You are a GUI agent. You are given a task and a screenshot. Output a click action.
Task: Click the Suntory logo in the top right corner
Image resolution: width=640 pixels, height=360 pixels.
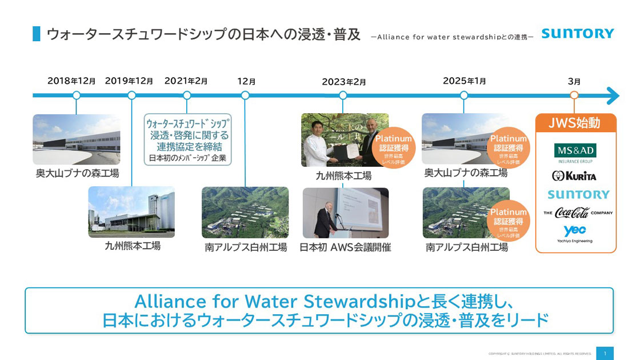point(577,34)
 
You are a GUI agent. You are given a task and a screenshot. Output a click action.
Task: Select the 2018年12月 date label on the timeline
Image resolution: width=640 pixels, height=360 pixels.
point(71,81)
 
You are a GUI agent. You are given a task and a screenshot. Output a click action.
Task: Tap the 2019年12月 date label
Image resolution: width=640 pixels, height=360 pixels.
point(129,81)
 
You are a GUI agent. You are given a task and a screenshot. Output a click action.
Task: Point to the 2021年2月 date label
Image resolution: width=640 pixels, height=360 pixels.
point(186,81)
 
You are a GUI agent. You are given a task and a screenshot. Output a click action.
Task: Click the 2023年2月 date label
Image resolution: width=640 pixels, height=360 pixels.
point(343,82)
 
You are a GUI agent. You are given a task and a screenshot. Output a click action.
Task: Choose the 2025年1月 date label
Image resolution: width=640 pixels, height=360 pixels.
point(464,81)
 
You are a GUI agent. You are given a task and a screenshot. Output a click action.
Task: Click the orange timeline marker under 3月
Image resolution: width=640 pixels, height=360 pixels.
point(574,95)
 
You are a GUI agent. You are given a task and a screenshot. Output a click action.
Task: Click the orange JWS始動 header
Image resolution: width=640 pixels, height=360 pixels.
point(575,123)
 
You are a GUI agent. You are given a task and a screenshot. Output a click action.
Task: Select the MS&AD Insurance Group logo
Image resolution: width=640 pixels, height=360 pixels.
point(575,153)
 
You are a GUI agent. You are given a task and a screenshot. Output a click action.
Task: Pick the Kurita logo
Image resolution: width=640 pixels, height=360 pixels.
point(575,175)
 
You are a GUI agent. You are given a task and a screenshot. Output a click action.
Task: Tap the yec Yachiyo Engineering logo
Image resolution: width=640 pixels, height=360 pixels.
point(575,233)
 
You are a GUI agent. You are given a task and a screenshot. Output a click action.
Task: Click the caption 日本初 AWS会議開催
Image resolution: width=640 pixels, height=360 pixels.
point(345,247)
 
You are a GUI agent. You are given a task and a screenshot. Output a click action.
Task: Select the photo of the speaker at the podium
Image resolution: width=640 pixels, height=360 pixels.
point(345,213)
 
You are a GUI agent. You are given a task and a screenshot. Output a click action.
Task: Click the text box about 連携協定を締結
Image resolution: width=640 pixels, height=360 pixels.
point(187,140)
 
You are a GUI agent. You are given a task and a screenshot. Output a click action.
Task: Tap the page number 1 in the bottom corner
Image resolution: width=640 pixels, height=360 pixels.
point(605,353)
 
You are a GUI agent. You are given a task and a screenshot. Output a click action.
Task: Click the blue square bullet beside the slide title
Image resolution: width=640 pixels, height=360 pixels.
point(37,34)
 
